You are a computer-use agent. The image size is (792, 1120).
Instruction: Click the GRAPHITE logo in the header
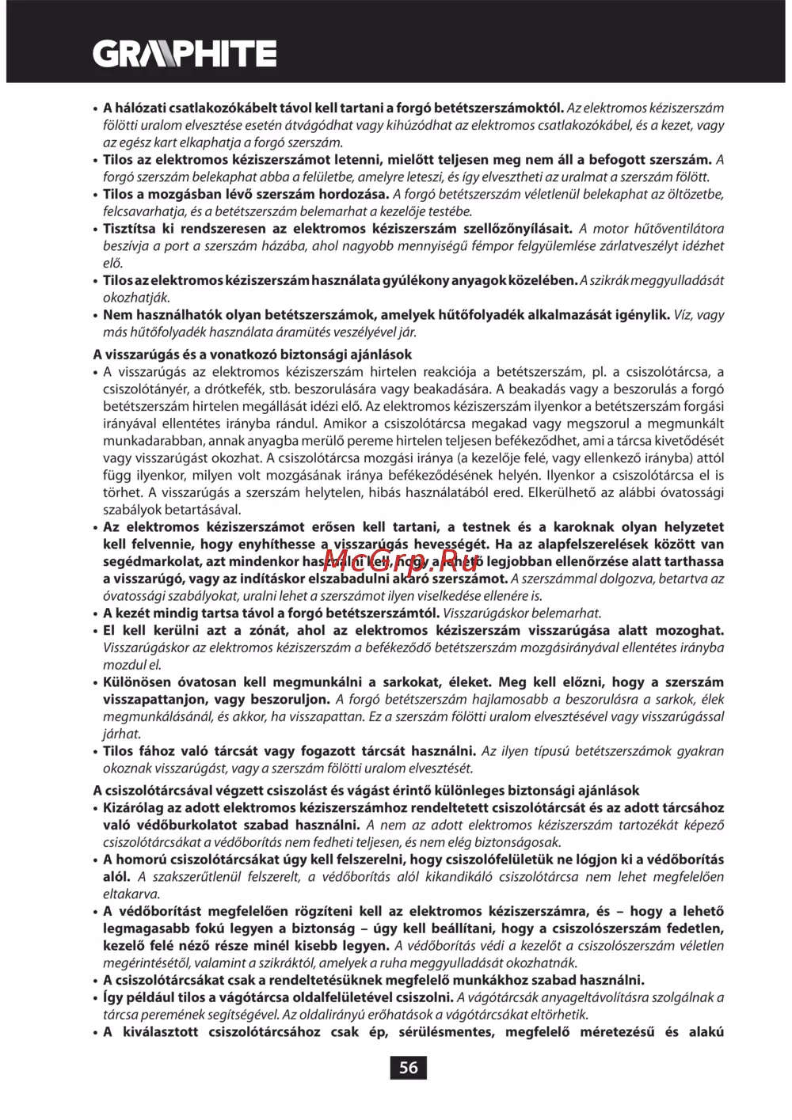185,54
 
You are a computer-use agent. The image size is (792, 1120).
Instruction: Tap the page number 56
408,1068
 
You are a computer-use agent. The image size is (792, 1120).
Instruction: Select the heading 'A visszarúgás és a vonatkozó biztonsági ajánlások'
252,355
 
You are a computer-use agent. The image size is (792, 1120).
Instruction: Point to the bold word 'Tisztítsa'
129,229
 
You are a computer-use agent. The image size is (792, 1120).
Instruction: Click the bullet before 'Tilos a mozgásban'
96,195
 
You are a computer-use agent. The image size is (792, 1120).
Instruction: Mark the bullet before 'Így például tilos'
96,998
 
